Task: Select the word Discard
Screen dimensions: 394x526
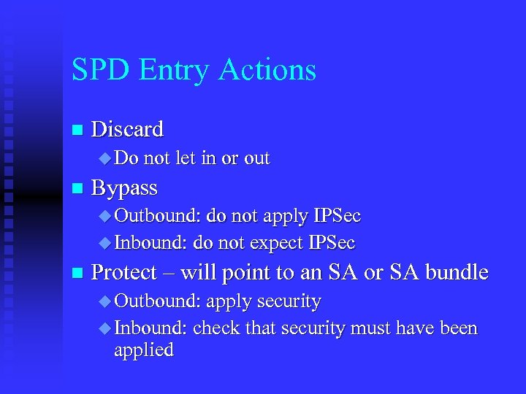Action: pyautogui.click(x=127, y=130)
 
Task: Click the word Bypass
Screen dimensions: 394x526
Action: pyautogui.click(x=124, y=188)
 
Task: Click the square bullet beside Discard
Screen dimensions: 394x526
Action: pyautogui.click(x=75, y=131)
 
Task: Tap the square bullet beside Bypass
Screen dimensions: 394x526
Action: pyautogui.click(x=75, y=189)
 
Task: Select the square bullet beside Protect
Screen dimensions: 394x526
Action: pyautogui.click(x=75, y=274)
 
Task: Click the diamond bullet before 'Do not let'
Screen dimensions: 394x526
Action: pyautogui.click(x=104, y=158)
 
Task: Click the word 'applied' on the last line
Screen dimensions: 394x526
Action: pyautogui.click(x=144, y=349)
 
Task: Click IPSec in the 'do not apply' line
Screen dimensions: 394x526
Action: pyautogui.click(x=337, y=217)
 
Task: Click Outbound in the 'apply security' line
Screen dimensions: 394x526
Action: pyautogui.click(x=158, y=301)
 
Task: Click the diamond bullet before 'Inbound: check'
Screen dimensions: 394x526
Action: pyautogui.click(x=104, y=329)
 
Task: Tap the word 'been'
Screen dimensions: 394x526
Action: pyautogui.click(x=458, y=329)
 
